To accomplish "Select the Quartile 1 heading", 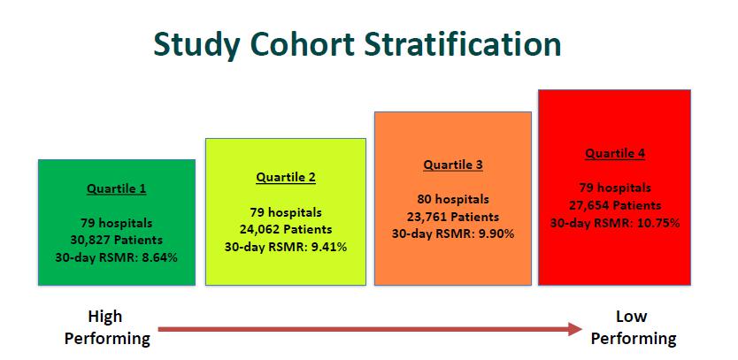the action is coord(116,189).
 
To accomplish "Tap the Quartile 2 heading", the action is coord(286,178).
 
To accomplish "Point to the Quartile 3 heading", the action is coord(453,165).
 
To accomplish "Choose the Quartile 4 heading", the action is coord(615,153).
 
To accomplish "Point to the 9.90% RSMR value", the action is coord(496,234).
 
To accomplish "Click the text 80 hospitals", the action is coord(453,200).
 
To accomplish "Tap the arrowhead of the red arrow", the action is coord(575,329).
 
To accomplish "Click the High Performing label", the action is coord(107,327).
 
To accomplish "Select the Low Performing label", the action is coord(633,327).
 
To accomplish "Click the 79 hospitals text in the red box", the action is coord(615,188).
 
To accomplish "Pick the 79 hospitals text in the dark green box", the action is coord(116,223).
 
